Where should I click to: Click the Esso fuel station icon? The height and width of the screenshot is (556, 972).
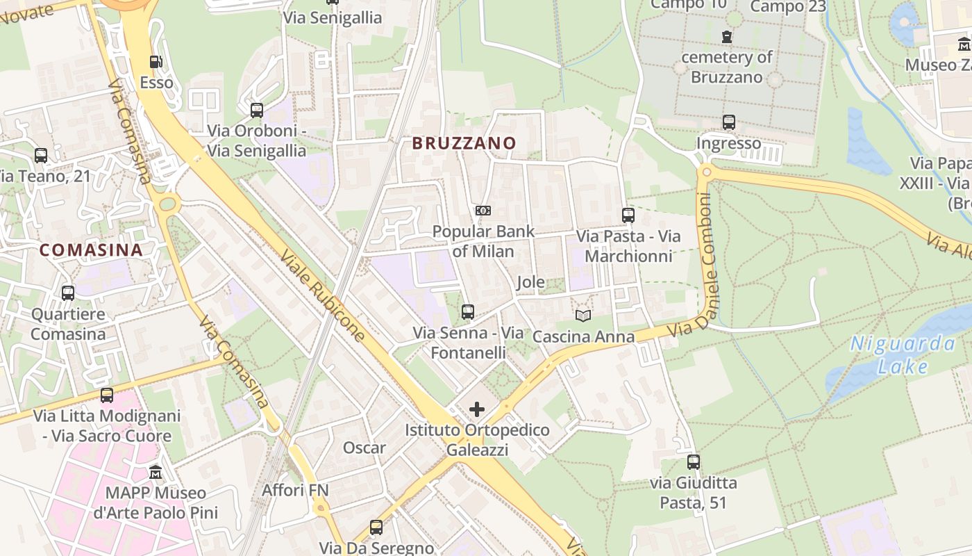point(156,62)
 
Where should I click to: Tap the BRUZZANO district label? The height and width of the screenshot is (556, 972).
point(464,143)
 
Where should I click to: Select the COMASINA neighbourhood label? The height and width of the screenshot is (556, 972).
point(91,250)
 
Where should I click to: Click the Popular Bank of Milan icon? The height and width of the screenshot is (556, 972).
point(483,211)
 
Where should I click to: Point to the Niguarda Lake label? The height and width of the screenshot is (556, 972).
point(903,354)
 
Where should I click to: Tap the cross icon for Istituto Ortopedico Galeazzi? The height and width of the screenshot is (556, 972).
point(477,409)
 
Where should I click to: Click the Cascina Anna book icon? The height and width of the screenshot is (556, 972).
point(583,316)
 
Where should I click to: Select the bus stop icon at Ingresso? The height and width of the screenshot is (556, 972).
point(728,122)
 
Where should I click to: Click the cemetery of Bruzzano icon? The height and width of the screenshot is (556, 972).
point(727,36)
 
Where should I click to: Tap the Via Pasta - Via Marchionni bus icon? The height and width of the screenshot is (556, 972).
point(628,215)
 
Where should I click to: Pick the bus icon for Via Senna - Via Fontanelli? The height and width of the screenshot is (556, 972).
point(468,312)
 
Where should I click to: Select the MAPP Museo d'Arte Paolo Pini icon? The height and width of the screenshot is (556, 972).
point(156,473)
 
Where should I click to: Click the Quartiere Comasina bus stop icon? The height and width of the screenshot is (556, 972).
point(67,293)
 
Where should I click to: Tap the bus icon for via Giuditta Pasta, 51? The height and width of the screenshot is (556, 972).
point(693,461)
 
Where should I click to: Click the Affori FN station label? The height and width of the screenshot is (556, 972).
point(295,491)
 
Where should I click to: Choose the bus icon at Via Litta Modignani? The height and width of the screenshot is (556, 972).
point(106,395)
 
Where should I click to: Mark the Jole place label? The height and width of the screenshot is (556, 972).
point(530,283)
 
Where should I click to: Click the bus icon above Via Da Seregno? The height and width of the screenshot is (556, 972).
point(376,528)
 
